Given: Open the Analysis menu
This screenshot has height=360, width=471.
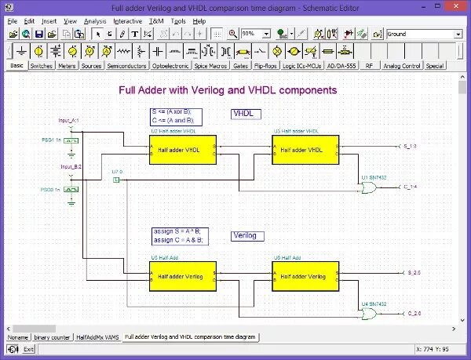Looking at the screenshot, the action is [95, 21].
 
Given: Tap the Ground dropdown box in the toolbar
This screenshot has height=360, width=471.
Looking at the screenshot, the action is [424, 35].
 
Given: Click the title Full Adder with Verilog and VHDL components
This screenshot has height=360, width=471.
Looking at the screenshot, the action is [227, 90].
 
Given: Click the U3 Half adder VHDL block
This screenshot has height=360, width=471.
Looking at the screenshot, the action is [305, 149].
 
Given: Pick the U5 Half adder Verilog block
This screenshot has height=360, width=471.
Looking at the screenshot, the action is [182, 277].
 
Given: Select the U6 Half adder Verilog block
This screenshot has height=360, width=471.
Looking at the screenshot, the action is [305, 277].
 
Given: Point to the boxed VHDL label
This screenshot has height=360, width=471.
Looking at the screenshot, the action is [244, 114].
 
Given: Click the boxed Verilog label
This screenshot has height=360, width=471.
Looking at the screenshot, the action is [247, 235].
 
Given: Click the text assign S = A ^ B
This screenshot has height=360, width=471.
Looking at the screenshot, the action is [178, 231].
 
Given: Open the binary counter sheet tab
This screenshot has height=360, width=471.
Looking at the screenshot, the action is [52, 336].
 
